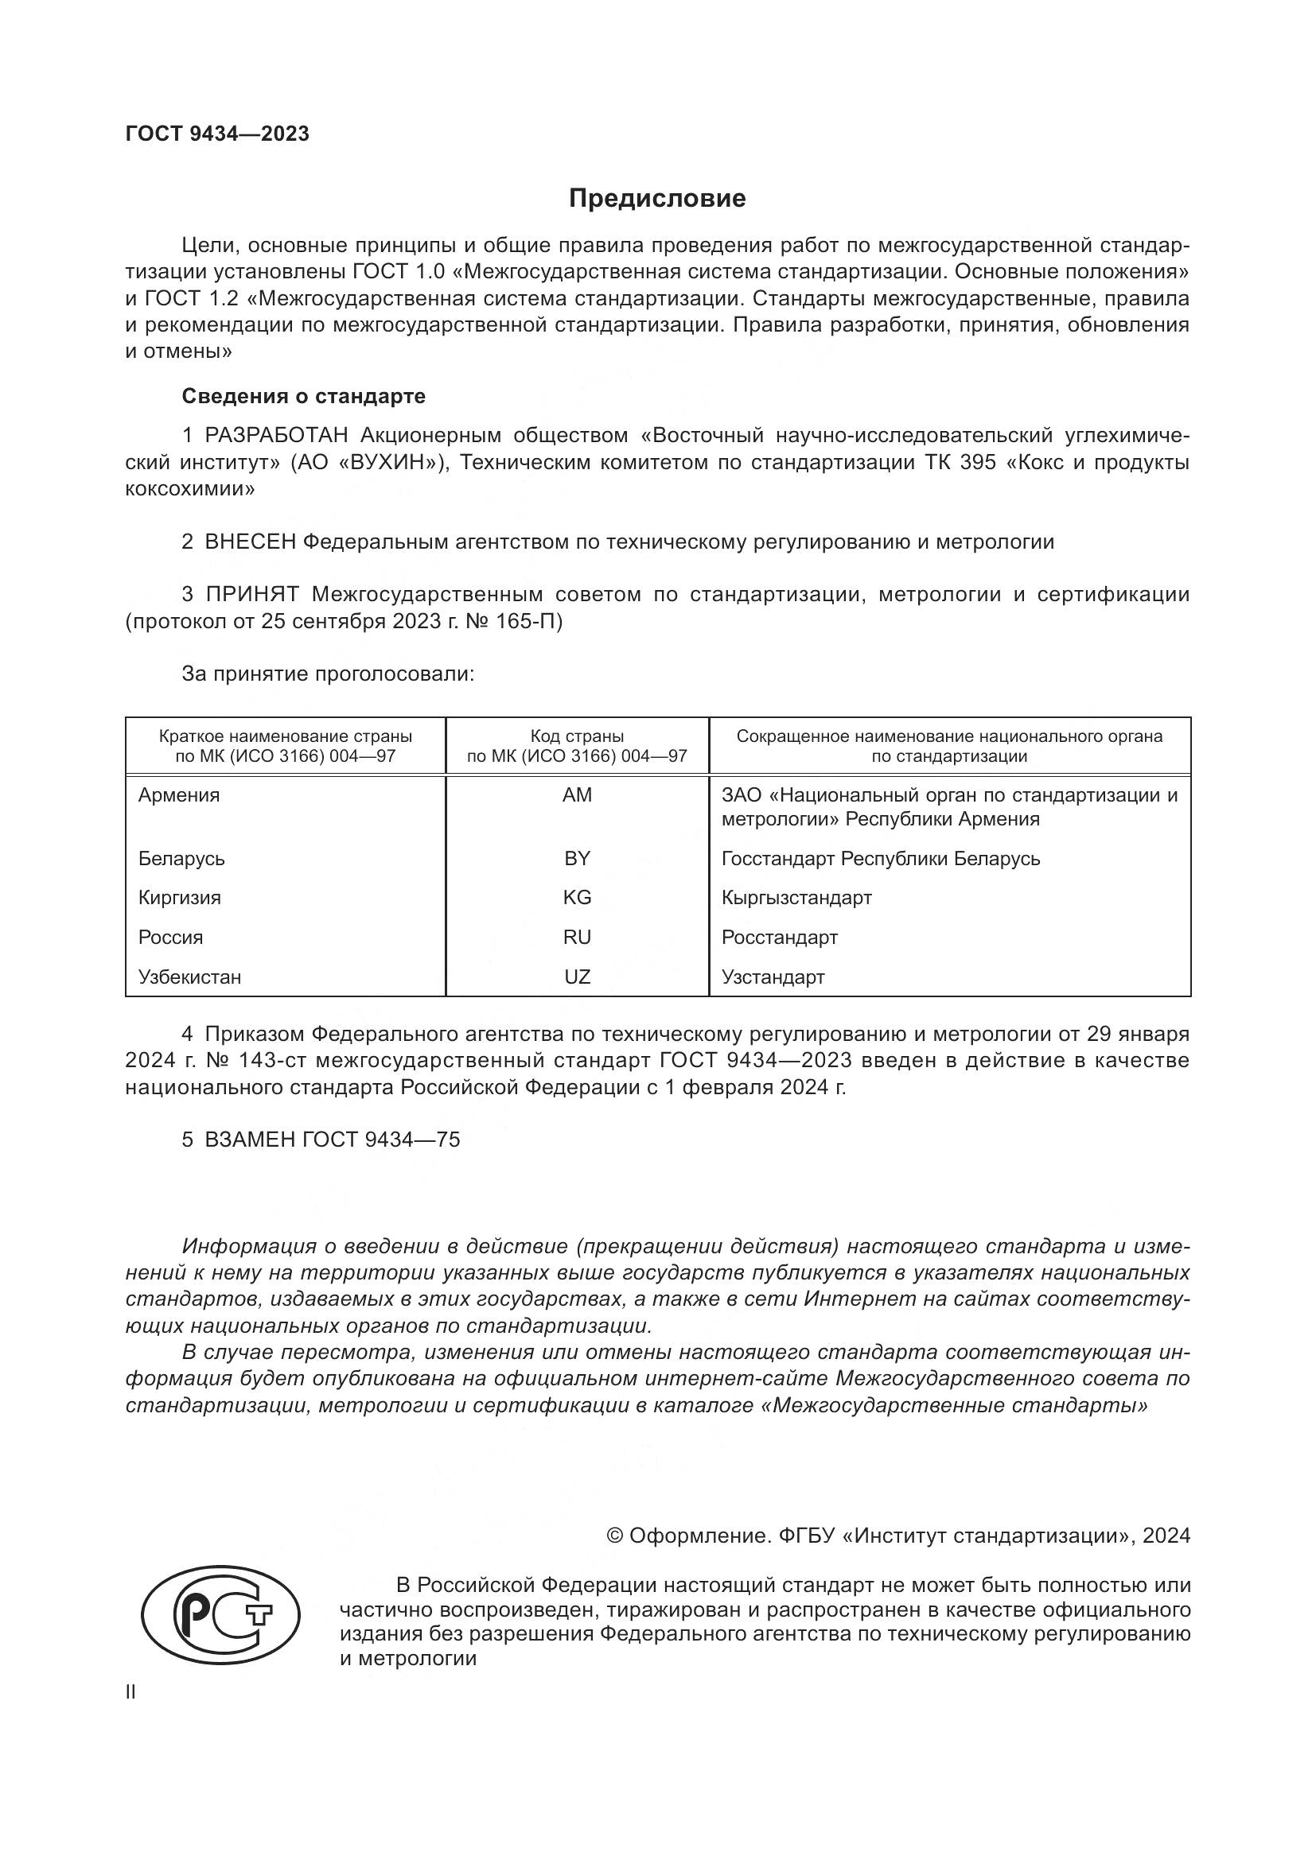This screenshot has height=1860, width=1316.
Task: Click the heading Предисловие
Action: point(657,199)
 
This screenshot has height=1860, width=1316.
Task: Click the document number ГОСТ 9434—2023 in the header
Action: point(217,134)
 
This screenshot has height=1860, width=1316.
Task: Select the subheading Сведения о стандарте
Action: point(303,396)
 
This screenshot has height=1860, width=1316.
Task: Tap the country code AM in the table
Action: point(577,795)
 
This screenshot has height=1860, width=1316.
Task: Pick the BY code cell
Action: point(577,859)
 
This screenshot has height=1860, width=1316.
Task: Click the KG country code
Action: point(577,898)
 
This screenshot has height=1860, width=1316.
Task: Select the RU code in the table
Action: point(577,938)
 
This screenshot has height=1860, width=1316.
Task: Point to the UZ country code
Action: point(577,977)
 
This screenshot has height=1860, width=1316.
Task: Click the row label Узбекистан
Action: point(189,977)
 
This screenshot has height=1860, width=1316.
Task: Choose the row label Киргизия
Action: point(179,898)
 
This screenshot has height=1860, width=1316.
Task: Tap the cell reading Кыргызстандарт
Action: point(796,898)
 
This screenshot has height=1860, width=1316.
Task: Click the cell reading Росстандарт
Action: point(779,938)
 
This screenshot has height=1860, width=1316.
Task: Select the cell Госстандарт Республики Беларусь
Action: point(880,859)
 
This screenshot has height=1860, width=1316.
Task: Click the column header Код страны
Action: point(577,736)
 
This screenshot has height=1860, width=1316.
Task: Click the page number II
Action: point(130,1693)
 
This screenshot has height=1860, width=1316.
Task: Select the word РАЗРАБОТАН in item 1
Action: point(276,436)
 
